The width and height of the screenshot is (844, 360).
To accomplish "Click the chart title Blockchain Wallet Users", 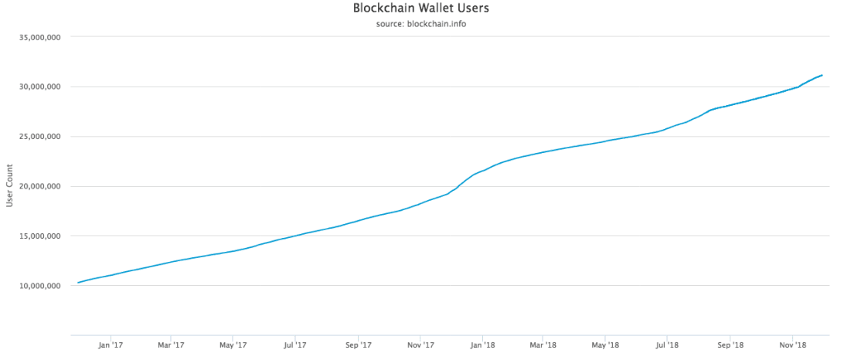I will tap(420, 9).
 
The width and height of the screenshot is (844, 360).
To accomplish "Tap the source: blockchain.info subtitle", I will tap(420, 24).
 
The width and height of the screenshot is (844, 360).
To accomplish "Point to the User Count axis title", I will tap(10, 186).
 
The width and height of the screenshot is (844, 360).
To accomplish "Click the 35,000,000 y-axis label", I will tap(39, 37).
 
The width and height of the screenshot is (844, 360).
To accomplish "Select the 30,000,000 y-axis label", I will tap(39, 87).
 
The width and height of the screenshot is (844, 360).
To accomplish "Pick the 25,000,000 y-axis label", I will tap(39, 137).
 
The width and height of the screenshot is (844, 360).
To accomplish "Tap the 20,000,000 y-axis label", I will tap(39, 186).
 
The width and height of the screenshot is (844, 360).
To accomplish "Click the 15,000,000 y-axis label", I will tap(39, 236).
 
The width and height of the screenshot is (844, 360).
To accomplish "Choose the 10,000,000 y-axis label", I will tap(39, 286).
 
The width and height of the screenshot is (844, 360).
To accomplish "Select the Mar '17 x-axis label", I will tap(170, 345).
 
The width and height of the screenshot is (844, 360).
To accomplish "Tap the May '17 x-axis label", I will tap(233, 345).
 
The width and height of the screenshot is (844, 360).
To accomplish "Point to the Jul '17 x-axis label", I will tap(294, 345).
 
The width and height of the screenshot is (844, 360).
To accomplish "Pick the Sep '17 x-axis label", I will tap(358, 345).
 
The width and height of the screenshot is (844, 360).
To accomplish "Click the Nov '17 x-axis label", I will tap(420, 345).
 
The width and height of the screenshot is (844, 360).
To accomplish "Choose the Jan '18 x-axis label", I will tap(482, 345).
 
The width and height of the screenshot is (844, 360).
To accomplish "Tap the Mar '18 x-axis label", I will tap(543, 345).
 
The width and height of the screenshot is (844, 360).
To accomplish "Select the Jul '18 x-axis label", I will tap(667, 345).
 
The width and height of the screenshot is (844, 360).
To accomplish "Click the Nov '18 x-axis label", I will tap(792, 345).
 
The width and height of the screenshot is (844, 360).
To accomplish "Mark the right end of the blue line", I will tap(822, 75).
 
